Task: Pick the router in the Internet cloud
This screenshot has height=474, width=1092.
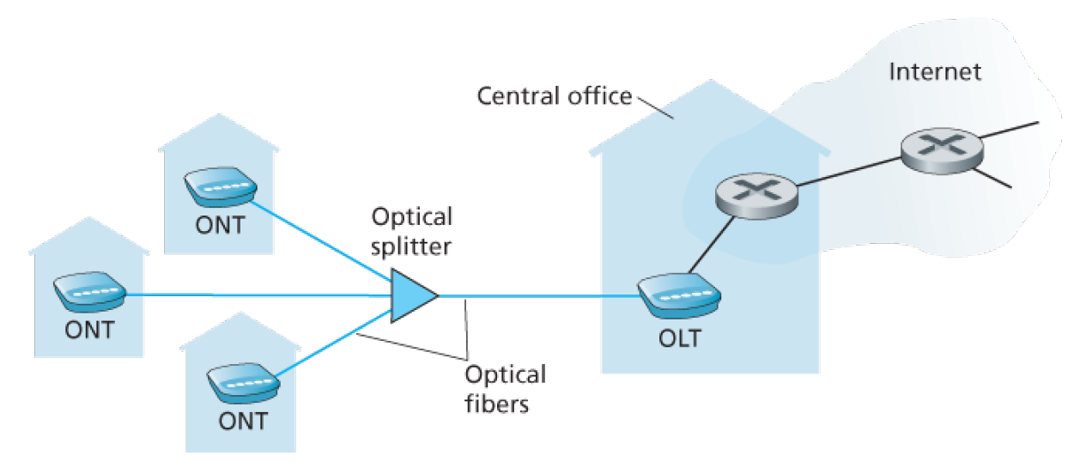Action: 940,150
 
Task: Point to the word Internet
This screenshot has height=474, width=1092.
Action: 934,71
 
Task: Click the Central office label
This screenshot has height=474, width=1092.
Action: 554,95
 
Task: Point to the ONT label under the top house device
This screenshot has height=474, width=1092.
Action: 217,228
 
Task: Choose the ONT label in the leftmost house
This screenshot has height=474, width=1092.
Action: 89,331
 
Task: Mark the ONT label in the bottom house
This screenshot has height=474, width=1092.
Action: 241,421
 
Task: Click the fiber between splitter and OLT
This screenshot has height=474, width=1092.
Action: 541,296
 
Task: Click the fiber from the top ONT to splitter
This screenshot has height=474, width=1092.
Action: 322,241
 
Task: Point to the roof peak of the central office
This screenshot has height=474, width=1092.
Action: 709,82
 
